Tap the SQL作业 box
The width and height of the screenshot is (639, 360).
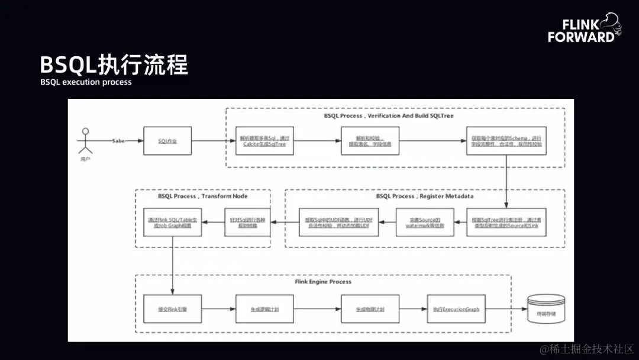(168, 141)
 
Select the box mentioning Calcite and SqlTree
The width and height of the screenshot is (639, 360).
(265, 141)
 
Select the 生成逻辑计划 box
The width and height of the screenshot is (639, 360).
(265, 309)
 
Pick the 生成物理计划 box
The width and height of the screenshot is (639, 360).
(370, 309)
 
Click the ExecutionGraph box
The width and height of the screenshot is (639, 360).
(456, 309)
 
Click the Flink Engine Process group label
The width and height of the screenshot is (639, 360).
(323, 282)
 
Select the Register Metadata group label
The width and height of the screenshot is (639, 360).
(425, 196)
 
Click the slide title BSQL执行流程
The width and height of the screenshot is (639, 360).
(114, 65)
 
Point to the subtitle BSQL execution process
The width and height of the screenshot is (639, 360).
(86, 82)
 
